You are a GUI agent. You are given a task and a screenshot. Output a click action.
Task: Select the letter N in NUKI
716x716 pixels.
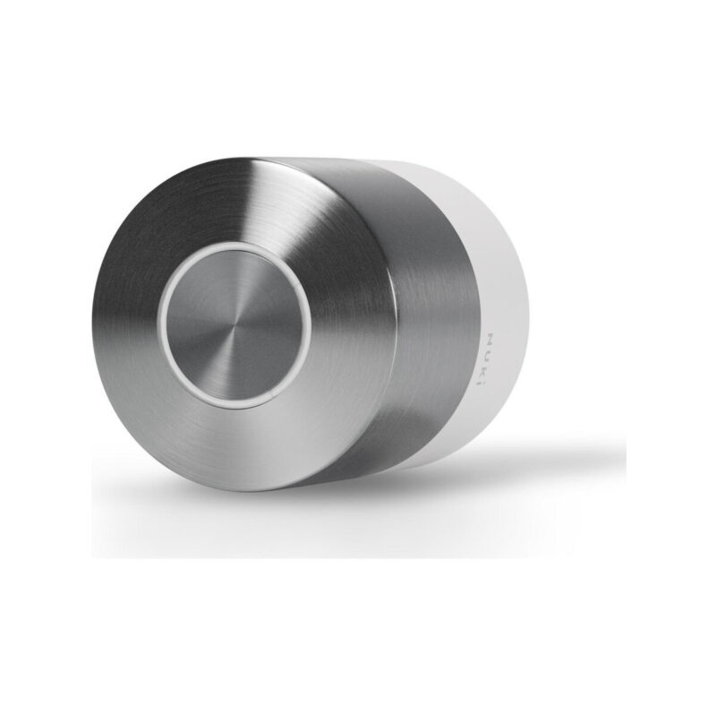point(489,341)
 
